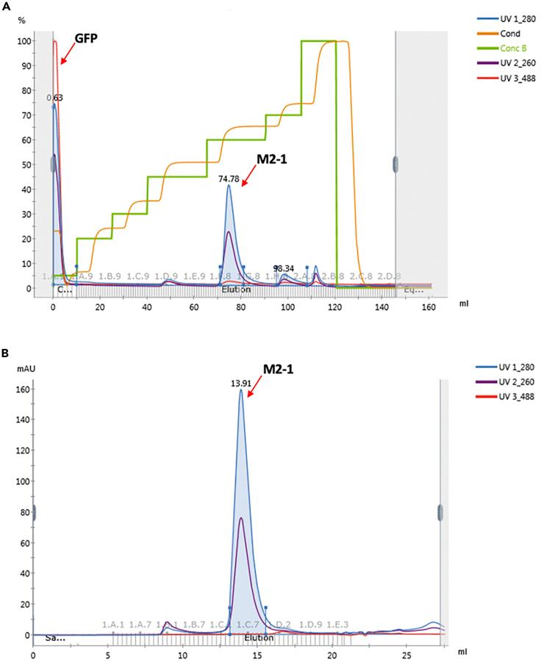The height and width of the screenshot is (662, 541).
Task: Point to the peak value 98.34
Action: (284, 269)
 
